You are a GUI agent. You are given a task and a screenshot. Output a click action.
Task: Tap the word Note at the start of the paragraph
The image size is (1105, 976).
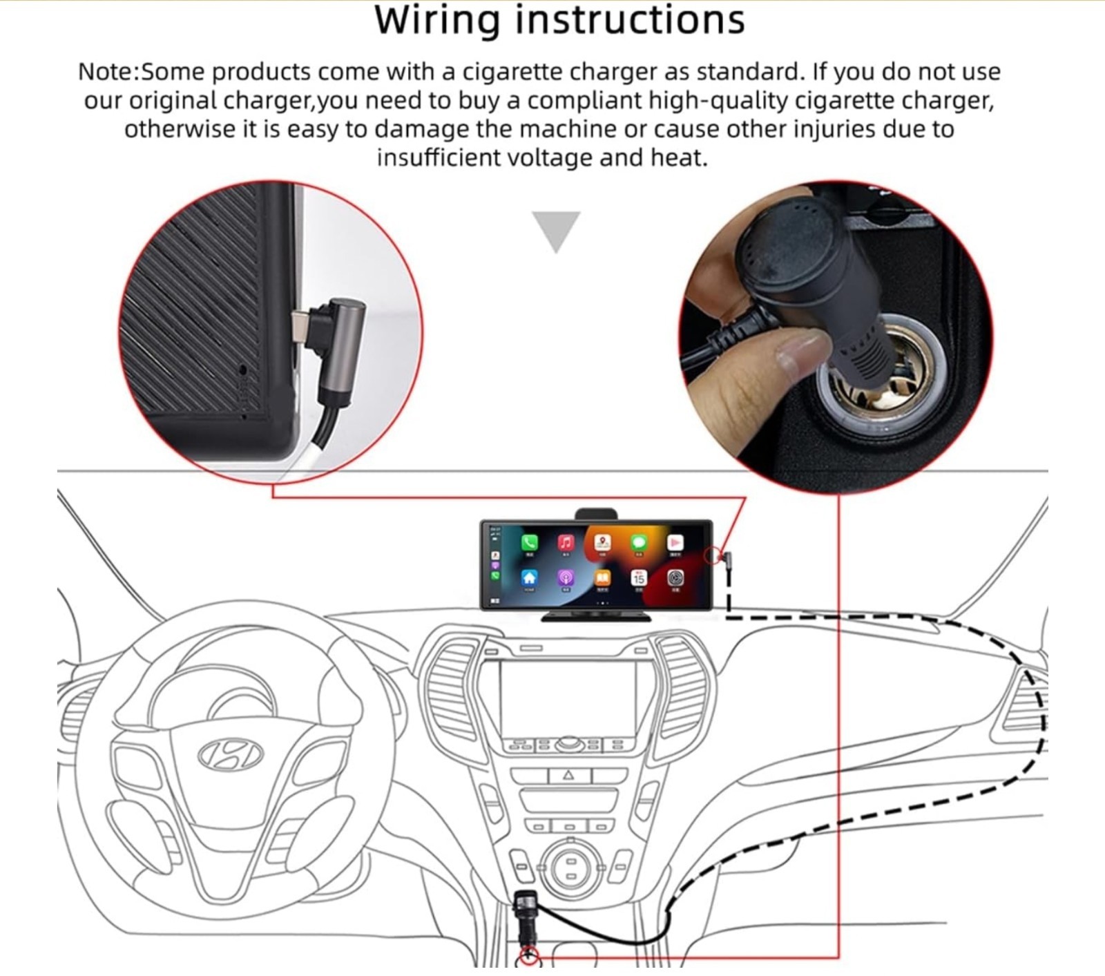pos(104,72)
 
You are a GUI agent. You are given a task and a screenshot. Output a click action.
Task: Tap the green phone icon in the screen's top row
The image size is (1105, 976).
pos(530,543)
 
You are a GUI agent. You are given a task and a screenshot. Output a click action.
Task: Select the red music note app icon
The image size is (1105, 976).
pos(566,543)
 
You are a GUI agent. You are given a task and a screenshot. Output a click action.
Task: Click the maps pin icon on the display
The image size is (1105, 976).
pos(602,543)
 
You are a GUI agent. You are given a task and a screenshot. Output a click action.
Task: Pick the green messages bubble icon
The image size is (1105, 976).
pos(639,543)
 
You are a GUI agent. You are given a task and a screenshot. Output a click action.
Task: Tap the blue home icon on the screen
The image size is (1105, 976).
pos(530,577)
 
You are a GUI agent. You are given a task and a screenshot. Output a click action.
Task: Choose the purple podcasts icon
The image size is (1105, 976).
pos(566,577)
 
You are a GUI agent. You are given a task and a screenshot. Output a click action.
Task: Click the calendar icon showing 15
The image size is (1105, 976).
pos(639,577)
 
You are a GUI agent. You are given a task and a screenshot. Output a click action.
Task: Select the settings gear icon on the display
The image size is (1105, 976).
pos(675,577)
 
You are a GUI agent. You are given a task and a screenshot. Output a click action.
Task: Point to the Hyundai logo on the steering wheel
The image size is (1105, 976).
pos(231,754)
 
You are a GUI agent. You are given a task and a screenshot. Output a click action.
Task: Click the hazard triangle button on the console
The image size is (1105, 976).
pos(568,775)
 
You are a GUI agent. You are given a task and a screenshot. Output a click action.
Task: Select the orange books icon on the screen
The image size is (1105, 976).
pos(602,577)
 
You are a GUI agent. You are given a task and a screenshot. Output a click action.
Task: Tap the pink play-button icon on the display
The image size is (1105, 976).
pos(675,543)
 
